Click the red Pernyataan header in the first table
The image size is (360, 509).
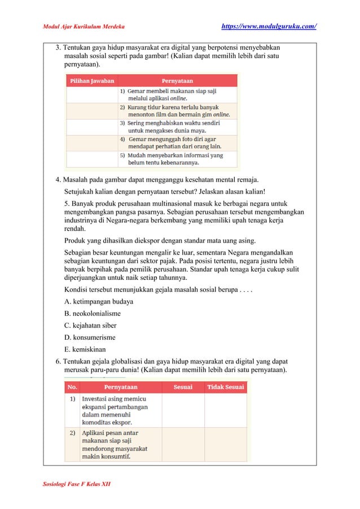178,81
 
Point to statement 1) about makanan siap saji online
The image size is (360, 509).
169,94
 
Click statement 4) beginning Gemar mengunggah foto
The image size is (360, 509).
172,143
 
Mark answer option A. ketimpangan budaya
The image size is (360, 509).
95,301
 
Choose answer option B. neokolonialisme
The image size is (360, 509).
93,313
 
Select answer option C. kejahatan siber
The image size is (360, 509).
90,326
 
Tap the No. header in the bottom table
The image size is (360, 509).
73,387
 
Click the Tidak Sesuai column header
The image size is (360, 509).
226,387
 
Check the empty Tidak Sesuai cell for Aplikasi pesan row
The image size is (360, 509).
226,444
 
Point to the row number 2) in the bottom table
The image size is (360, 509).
73,433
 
